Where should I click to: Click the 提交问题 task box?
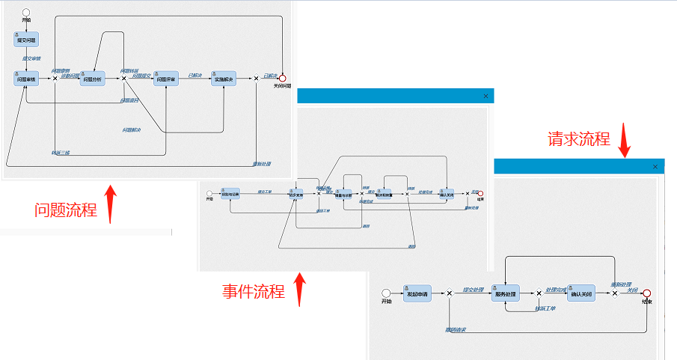[25, 38]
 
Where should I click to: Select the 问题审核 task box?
[25, 78]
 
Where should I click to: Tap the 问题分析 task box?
[92, 78]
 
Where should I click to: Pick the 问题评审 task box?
[165, 78]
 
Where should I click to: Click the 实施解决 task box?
[224, 78]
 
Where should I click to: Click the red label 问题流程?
[66, 210]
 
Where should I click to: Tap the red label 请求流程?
[578, 139]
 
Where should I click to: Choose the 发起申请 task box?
[416, 293]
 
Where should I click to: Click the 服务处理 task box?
[506, 293]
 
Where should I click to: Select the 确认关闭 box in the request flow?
[580, 293]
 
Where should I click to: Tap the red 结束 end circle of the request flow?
[646, 293]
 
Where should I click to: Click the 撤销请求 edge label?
[456, 329]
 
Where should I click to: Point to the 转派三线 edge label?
[61, 153]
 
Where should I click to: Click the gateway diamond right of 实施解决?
[256, 78]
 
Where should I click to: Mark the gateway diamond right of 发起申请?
[449, 293]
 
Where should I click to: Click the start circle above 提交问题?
[26, 12]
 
